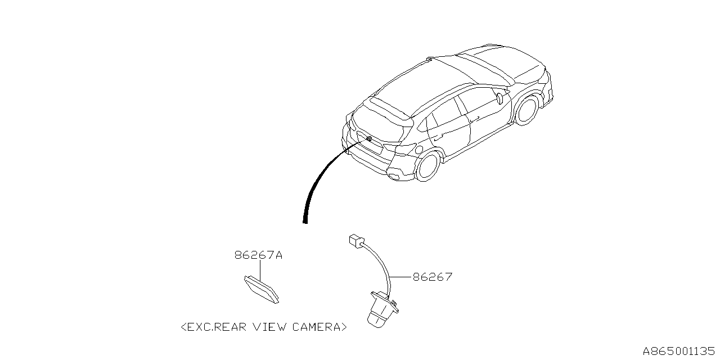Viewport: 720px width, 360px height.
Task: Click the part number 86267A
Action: point(258,255)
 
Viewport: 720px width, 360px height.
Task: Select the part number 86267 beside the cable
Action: point(432,277)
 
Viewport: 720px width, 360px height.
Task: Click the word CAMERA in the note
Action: point(316,327)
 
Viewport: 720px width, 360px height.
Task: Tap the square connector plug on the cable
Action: point(356,241)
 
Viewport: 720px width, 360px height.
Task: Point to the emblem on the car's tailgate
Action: point(368,138)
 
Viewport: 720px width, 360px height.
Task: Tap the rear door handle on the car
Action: point(439,135)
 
